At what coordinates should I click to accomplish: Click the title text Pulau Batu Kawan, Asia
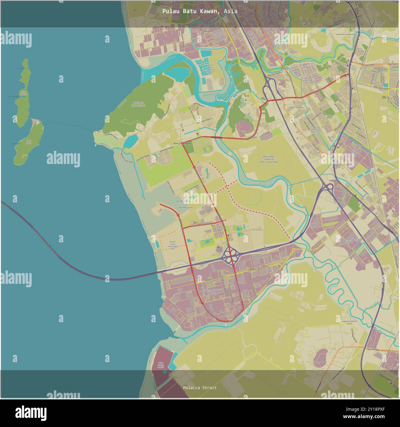[200, 11]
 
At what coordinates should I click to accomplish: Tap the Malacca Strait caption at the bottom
[200, 388]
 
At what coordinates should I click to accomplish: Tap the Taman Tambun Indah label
[305, 80]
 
